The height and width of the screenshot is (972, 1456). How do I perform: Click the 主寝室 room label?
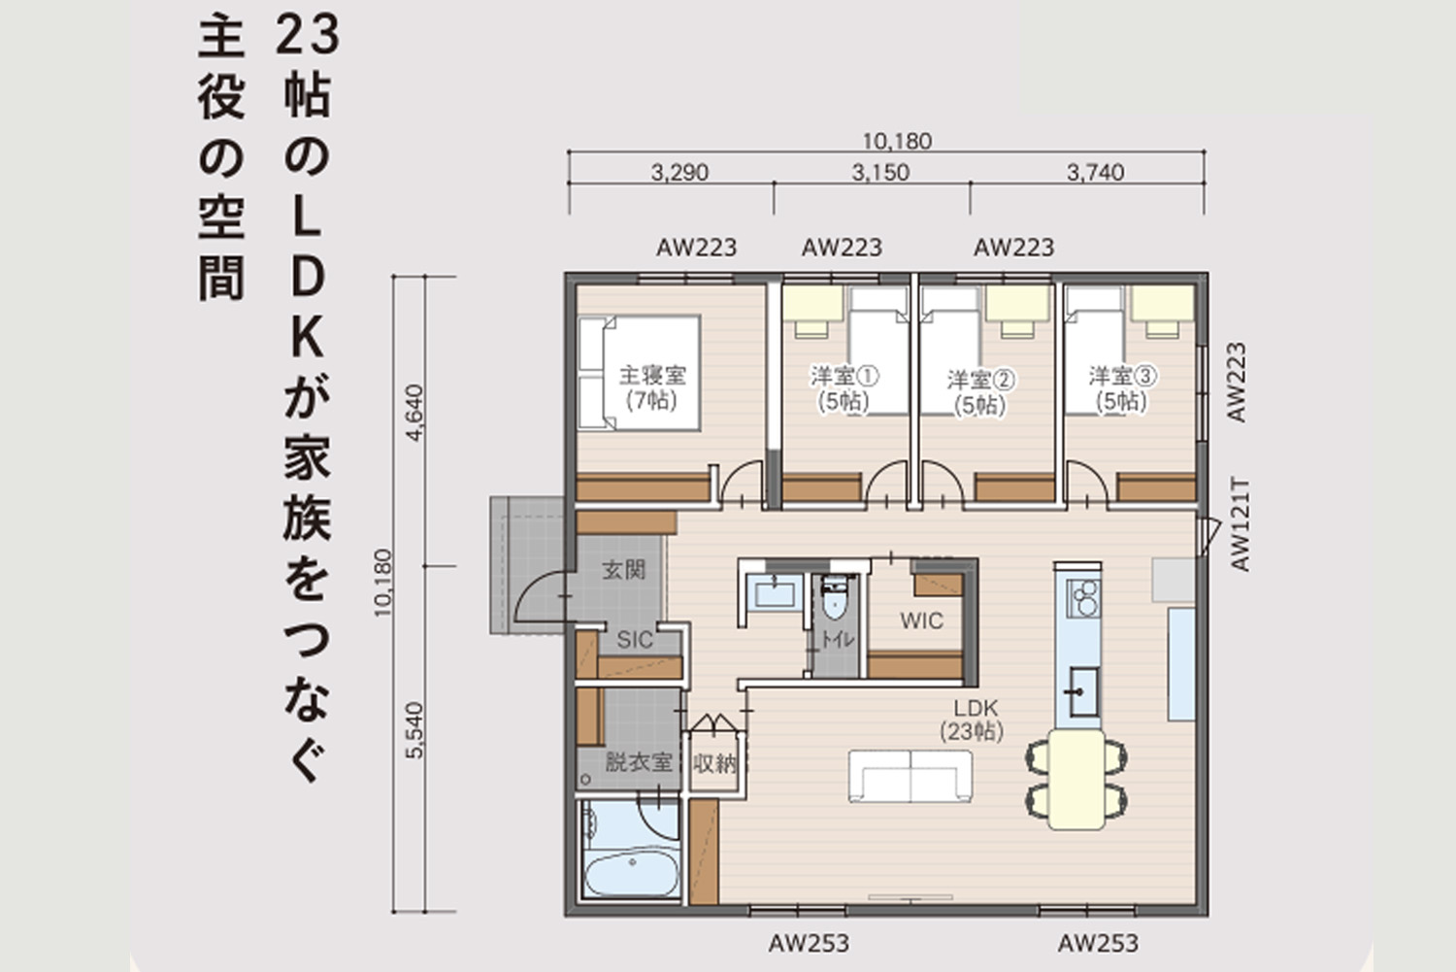tap(652, 375)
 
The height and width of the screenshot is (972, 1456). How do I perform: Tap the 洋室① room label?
tap(844, 375)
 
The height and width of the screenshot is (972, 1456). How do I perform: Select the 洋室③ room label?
tap(1122, 375)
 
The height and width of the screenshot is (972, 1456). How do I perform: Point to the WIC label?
tap(922, 620)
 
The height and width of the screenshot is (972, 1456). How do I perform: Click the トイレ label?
tap(838, 640)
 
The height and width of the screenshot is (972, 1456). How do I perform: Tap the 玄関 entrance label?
tap(624, 570)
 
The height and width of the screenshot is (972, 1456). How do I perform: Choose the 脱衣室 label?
tap(639, 762)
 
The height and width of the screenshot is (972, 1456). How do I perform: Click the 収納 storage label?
tap(714, 764)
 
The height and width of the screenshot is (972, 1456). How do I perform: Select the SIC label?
tap(635, 641)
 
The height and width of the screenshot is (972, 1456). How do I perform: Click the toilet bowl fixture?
tap(834, 599)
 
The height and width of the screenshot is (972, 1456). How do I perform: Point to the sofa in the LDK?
tap(910, 776)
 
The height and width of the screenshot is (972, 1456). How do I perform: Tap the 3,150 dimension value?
tap(880, 173)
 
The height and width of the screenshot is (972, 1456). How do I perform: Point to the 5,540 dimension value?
tap(414, 730)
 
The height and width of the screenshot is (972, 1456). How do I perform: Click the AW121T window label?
tap(1241, 525)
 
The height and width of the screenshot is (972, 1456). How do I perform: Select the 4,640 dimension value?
tap(414, 413)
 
